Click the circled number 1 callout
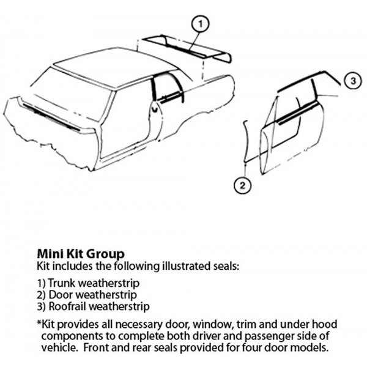pos(200,24)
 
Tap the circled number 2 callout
pos(243,185)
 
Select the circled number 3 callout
pos(353,81)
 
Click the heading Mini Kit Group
pos(81,254)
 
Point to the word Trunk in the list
pos(62,283)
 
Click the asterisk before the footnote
pos(39,322)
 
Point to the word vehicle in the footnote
pos(59,348)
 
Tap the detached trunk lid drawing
pos(187,49)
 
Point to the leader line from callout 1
pos(195,41)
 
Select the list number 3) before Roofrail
pos(41,306)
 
